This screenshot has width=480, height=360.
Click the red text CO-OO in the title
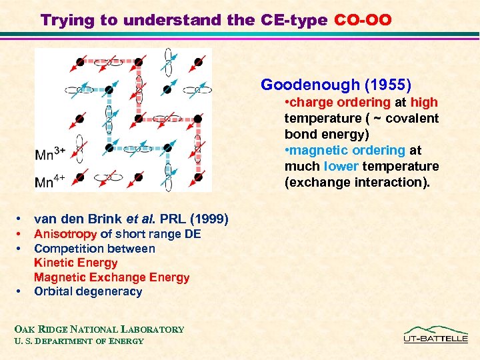coord(363,20)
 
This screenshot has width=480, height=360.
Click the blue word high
coord(424,103)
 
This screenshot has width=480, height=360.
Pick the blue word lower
coord(340,167)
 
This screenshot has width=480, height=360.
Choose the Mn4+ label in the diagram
coord(51,181)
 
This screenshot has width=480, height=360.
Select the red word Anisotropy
coord(65,234)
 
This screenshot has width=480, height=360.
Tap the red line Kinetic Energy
coord(75,263)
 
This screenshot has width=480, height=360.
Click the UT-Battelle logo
coord(435,335)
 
